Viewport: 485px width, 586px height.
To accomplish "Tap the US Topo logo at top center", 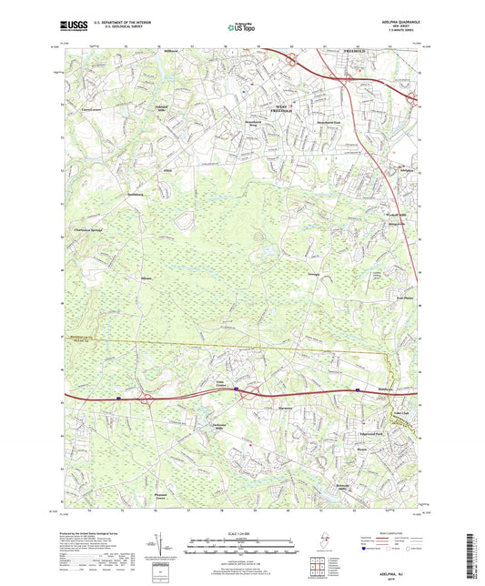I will pyautogui.click(x=240, y=29).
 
